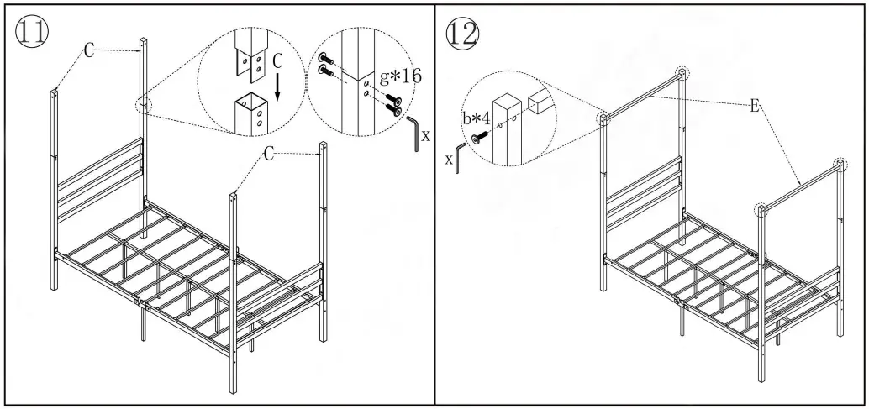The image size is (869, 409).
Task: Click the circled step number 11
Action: tap(31, 31)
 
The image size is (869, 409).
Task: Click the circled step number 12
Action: tap(463, 32)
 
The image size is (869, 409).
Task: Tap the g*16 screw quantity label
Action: tap(400, 76)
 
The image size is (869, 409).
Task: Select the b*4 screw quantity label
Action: tap(479, 118)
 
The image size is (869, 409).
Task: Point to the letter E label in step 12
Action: tap(755, 107)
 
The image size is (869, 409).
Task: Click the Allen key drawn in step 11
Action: tap(413, 134)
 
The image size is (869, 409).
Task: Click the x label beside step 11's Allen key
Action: tap(426, 134)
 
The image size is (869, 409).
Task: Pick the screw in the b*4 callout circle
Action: tap(482, 139)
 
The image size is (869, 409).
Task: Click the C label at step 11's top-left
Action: tap(88, 51)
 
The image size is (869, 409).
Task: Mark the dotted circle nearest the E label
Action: tap(682, 73)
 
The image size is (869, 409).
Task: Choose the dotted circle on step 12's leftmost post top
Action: tap(604, 119)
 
